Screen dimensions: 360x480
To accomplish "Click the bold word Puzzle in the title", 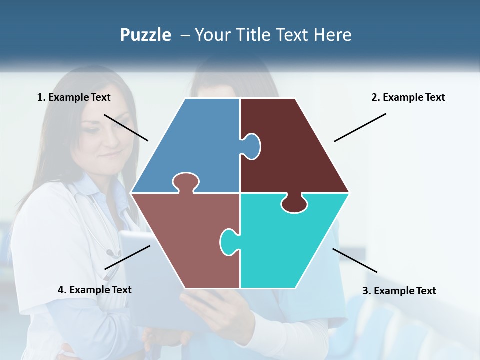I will pos(145,35).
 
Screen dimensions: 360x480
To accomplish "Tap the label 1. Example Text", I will pos(74,97).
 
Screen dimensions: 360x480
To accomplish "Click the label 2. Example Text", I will pos(408,97).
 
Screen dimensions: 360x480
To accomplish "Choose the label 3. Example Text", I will pos(399,291).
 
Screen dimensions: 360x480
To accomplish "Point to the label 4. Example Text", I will pos(94,290).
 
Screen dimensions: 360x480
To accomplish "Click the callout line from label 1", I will pos(126,127).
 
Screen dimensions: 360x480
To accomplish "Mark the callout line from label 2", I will pos(360,127).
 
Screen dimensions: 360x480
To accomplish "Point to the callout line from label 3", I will pos(355,260).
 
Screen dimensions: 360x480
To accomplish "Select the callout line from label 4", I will pos(127,257).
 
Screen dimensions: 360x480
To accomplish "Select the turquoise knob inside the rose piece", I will pos(228,242).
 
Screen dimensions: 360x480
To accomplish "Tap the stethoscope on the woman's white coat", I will pos(107,235).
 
